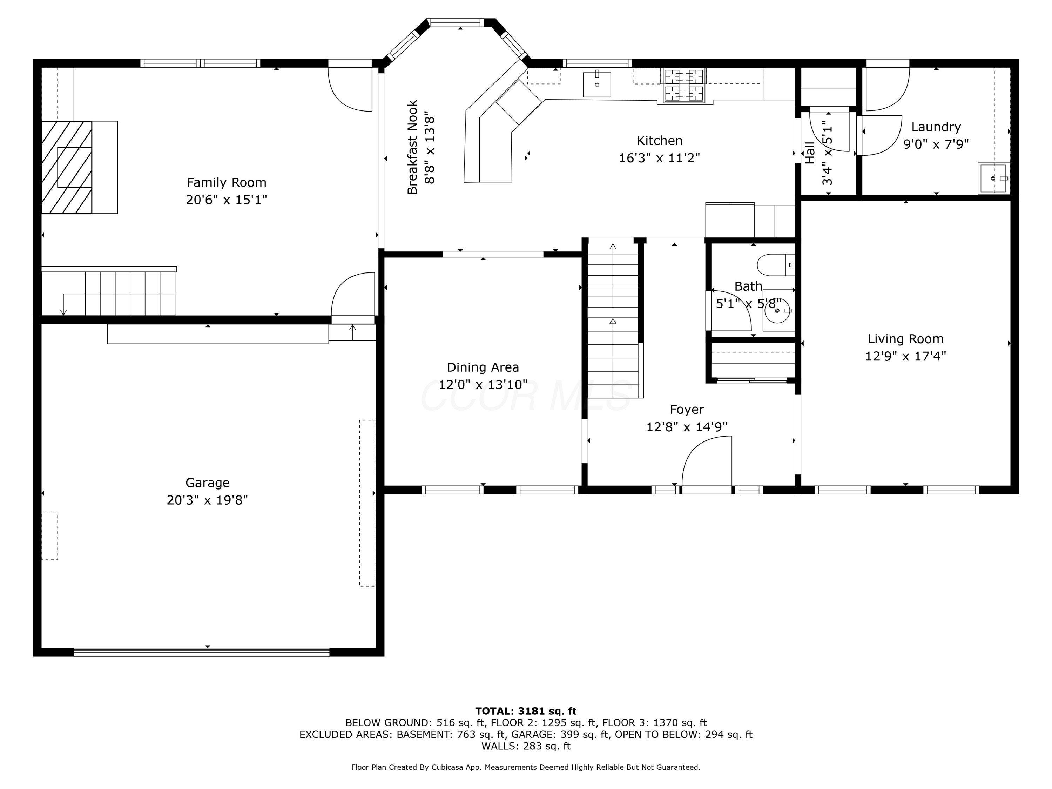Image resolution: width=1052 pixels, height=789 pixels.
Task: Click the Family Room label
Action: click(227, 182)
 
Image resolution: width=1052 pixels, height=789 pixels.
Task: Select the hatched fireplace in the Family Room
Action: click(67, 167)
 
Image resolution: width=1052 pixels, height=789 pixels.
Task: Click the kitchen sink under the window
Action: click(597, 85)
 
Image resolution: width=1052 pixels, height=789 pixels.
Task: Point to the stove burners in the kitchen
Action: click(684, 85)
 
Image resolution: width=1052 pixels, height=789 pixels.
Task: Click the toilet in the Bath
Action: click(776, 265)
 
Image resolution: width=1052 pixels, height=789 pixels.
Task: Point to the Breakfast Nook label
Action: click(412, 147)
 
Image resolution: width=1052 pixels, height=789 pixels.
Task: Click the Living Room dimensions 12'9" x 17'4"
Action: click(905, 356)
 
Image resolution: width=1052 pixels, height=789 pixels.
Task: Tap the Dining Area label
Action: click(483, 367)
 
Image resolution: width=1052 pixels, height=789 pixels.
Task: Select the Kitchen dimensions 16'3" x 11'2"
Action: click(659, 158)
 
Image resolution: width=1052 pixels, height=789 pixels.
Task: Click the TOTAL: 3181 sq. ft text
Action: click(526, 711)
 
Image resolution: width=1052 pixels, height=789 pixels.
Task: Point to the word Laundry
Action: click(936, 127)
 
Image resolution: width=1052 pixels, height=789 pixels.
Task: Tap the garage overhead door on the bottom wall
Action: click(202, 652)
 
